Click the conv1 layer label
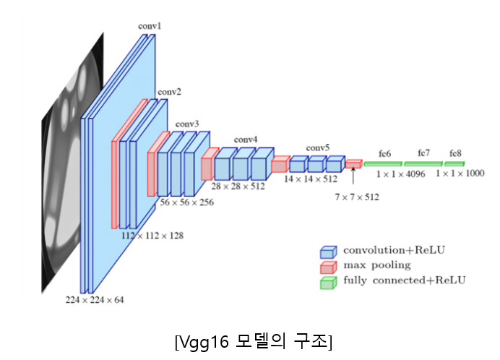pos(150,26)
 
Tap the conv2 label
pos(170,92)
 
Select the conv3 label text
pos(187,124)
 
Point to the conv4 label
pos(245,139)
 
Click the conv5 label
pos(317,147)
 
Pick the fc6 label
pos(384,154)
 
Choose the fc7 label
pos(423,154)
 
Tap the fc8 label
pos(455,154)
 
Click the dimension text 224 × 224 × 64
pos(94,299)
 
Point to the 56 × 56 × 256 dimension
pos(186,203)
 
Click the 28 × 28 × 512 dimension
pos(238,186)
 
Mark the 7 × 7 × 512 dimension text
pos(356,196)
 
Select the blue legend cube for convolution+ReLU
pos(329,252)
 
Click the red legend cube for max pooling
pos(329,267)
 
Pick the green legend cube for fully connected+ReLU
pos(329,282)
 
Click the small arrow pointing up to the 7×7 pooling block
pos(353,175)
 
